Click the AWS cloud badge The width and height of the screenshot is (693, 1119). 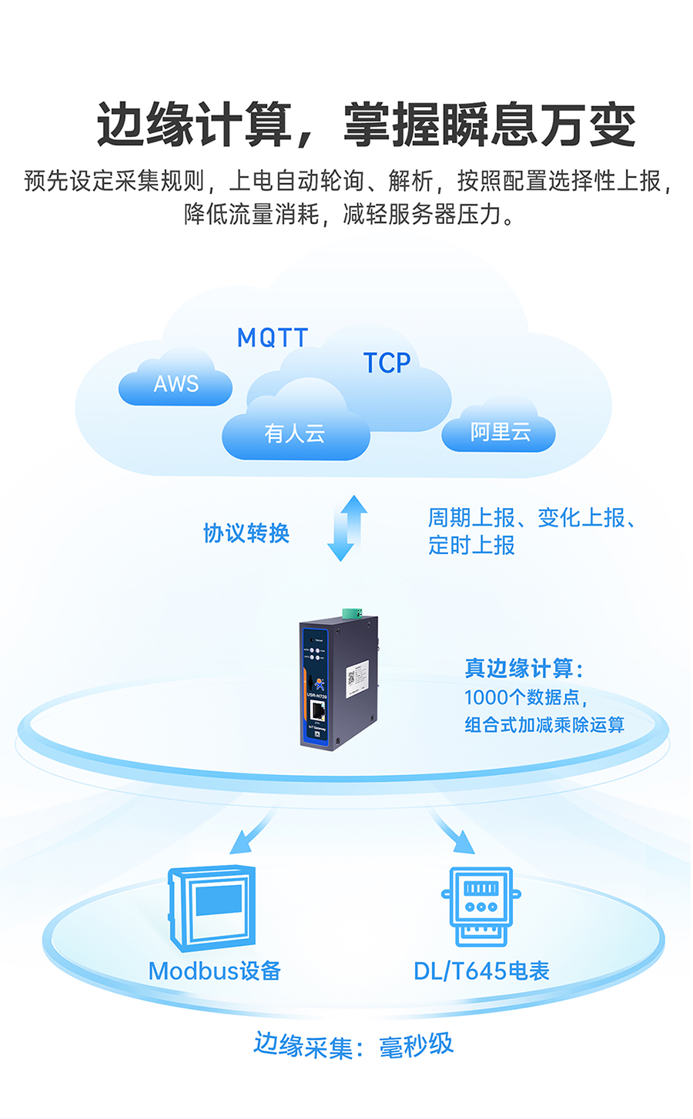coord(176,383)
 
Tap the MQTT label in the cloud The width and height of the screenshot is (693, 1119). coord(272,337)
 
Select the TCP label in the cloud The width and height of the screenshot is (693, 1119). coord(387,362)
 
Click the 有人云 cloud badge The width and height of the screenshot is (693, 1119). coord(295,433)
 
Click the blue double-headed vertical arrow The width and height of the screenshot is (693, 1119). coord(346,528)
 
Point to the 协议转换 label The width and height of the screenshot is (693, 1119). coord(246,533)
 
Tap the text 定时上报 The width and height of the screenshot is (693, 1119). coord(472,546)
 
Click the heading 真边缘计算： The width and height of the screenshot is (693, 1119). coord(524,668)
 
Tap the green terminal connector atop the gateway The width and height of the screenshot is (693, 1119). coord(353,613)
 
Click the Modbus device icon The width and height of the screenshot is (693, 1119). coord(213,908)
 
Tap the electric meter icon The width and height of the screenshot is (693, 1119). coord(481,906)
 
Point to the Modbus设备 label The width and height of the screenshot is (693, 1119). coord(215,971)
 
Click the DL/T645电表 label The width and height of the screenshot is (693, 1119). coord(481,971)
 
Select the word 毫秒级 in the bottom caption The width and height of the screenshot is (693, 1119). coord(416,1046)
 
